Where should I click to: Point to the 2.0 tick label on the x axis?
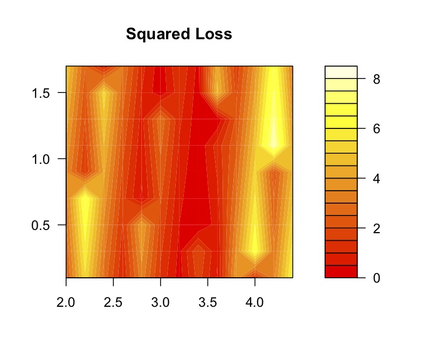pos(66,303)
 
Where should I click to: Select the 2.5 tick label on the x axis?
pos(113,303)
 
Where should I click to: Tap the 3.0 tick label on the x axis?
pos(160,303)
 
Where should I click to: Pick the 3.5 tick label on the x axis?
pos(207,303)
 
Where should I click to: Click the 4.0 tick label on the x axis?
pos(254,303)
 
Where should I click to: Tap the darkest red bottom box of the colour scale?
pos(341,271)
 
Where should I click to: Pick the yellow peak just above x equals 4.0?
pos(255,244)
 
